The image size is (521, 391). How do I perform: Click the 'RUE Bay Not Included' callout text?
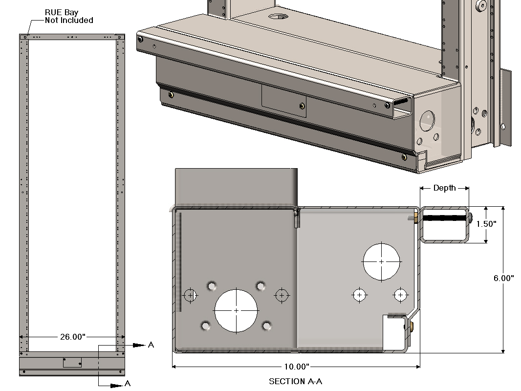[68, 16]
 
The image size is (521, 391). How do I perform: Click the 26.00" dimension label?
[72, 337]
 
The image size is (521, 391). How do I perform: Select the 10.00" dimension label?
[296, 367]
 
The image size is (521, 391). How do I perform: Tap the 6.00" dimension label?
[503, 278]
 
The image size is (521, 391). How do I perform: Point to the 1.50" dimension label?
[486, 224]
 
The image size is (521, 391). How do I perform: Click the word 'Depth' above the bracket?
[444, 188]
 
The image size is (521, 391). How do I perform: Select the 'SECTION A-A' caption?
[296, 381]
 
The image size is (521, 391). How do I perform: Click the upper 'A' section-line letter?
[151, 345]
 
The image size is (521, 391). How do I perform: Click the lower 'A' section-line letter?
[127, 384]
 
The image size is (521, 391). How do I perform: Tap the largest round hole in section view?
[236, 310]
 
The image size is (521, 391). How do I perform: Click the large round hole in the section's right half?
[381, 261]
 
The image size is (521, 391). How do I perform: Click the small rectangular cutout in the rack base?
[72, 362]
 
